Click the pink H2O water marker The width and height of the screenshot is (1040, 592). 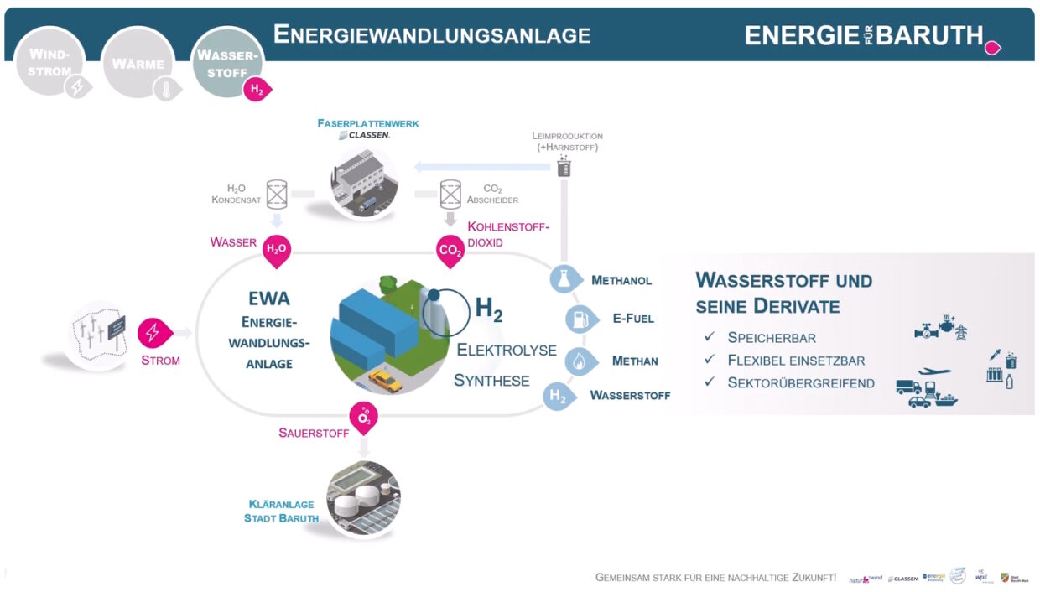click(276, 249)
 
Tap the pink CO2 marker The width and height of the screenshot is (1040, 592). click(450, 250)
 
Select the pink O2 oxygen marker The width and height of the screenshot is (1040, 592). click(364, 416)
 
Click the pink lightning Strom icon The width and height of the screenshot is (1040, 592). click(153, 333)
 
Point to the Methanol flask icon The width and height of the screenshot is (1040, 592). click(564, 279)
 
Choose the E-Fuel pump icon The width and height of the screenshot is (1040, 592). click(579, 319)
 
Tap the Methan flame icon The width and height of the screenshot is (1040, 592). click(579, 361)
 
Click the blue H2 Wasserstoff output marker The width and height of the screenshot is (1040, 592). click(559, 396)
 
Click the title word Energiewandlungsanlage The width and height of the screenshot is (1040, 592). click(432, 34)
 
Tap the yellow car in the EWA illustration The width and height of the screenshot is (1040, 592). click(385, 382)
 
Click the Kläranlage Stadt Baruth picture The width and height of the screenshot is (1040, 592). click(363, 497)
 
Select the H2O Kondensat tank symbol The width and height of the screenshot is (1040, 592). click(277, 195)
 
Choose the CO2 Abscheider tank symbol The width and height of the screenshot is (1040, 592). click(450, 195)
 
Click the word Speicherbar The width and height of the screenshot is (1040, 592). click(772, 338)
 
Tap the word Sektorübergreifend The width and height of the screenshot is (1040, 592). click(801, 383)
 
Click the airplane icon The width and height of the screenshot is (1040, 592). click(933, 371)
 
